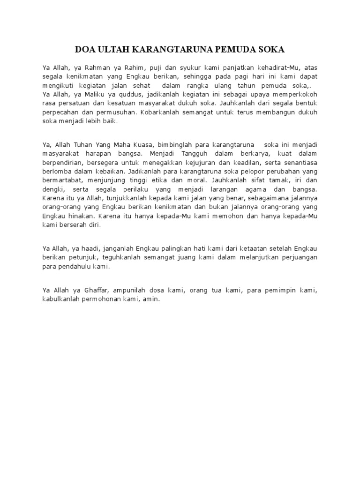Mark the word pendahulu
(x=77, y=266)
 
